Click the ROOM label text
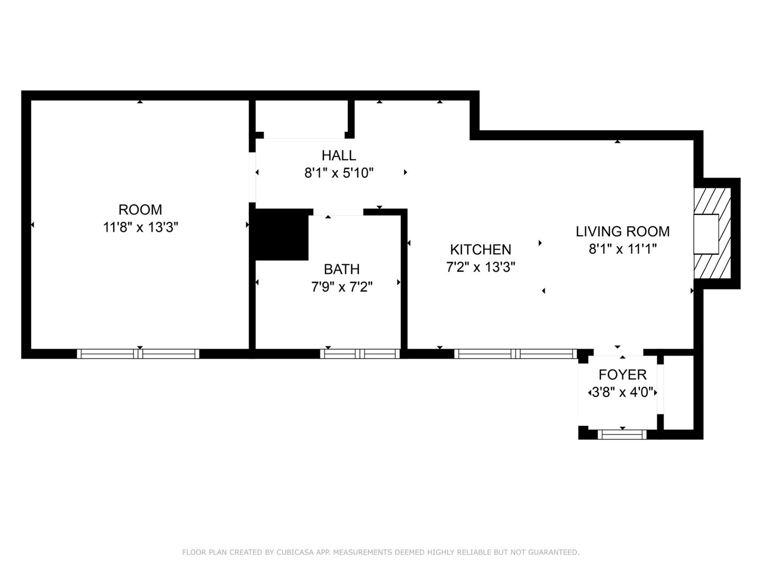tap(140, 210)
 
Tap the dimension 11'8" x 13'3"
tap(141, 228)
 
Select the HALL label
tap(339, 156)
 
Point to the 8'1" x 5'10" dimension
tap(339, 173)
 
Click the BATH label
tap(342, 269)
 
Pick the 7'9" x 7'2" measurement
tap(342, 287)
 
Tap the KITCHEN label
tap(480, 249)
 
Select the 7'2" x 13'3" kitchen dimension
tap(480, 267)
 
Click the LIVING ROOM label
tap(623, 231)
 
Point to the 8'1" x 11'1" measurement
tap(623, 249)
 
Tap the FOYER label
tap(623, 375)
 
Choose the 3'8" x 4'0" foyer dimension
tap(623, 392)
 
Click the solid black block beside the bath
tap(282, 235)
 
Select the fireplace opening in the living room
tap(706, 234)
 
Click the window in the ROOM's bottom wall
tap(138, 354)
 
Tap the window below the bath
tap(360, 354)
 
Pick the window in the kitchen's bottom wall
tap(515, 354)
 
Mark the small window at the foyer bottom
tap(622, 434)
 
